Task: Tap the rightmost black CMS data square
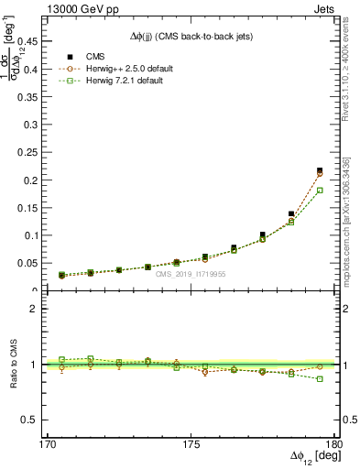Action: (x=320, y=170)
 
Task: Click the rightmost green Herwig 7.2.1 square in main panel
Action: (x=320, y=191)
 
